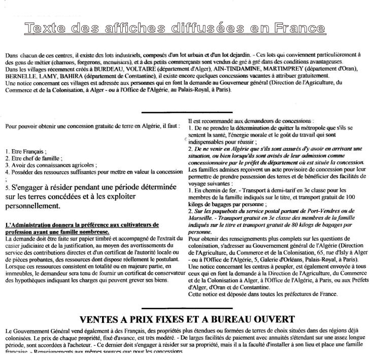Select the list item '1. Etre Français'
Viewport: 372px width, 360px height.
[x=25, y=151]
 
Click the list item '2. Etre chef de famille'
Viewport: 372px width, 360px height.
[x=33, y=158]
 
